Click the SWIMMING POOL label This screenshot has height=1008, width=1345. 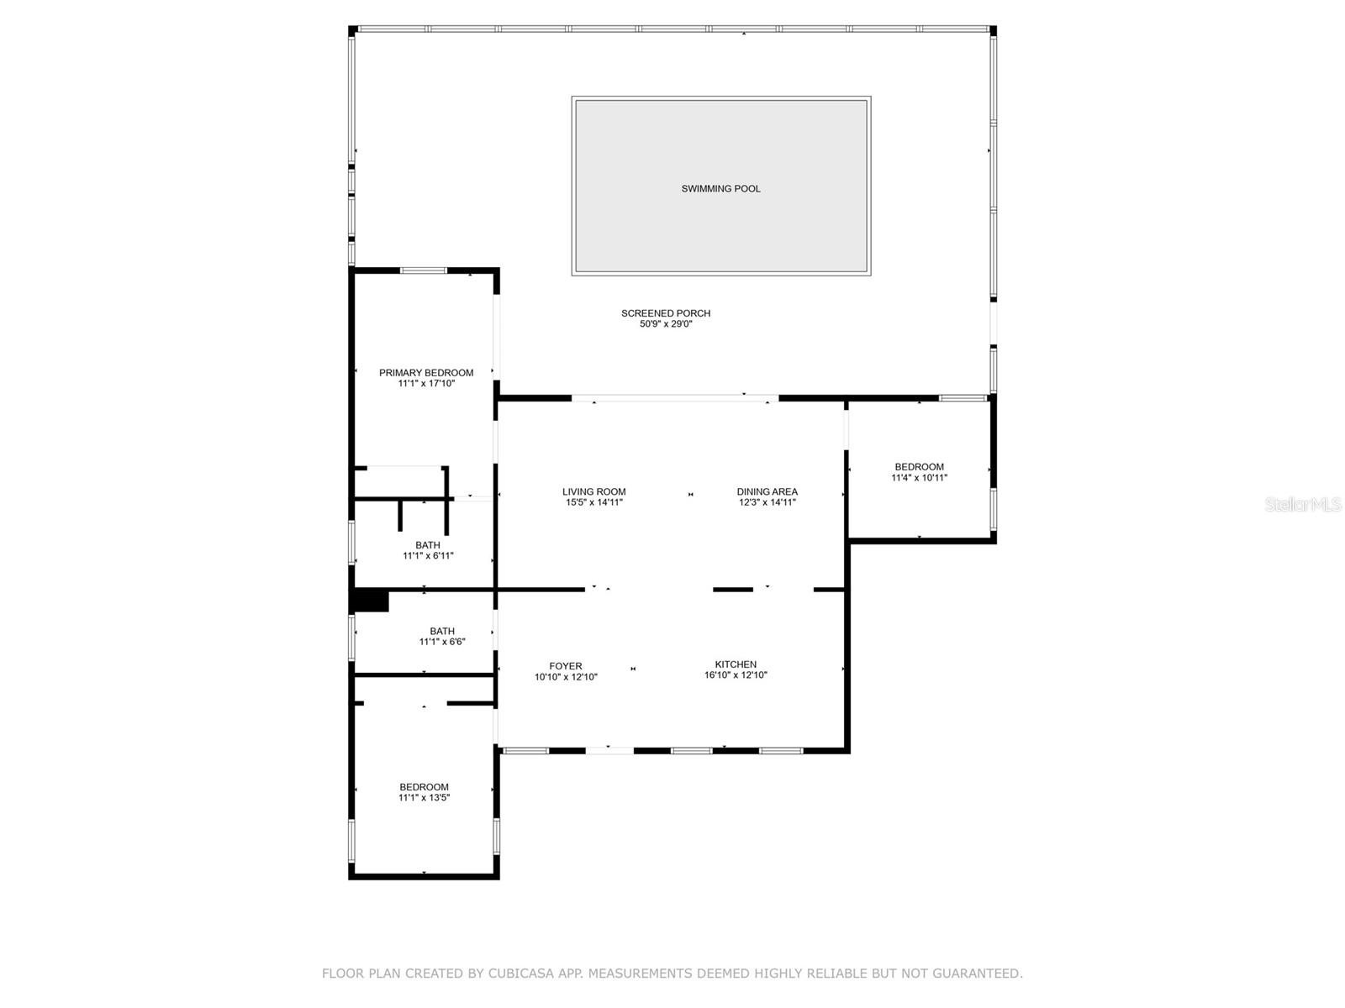(720, 189)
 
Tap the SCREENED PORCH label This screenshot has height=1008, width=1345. (666, 313)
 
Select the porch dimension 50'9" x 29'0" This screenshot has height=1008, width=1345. (666, 324)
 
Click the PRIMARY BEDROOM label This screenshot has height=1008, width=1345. (426, 373)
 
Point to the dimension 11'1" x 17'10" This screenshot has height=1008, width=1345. (426, 384)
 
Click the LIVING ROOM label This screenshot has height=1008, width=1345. (593, 491)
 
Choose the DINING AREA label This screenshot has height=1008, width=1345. (767, 491)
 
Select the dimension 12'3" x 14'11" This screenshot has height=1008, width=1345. (767, 502)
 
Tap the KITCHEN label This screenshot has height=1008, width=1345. (736, 664)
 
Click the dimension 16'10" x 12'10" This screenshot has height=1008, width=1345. (736, 675)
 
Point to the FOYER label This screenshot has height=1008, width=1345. (566, 666)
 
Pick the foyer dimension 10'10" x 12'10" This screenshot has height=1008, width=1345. (566, 677)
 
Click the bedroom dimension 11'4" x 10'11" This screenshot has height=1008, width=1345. (919, 478)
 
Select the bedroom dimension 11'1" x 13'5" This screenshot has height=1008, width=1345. (424, 797)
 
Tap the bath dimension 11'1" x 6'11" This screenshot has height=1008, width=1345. (428, 556)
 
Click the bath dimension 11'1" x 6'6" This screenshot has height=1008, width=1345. (442, 642)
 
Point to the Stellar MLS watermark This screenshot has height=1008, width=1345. (1303, 504)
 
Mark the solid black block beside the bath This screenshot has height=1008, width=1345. (370, 601)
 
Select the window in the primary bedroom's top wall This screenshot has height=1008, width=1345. (424, 270)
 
